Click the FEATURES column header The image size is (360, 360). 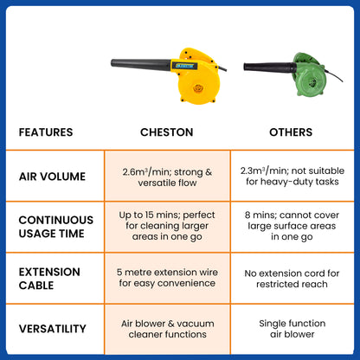46,132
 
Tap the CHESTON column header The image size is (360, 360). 167,132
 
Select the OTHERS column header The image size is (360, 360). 291,132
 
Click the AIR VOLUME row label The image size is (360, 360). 52,177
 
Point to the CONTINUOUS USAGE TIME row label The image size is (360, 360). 56,227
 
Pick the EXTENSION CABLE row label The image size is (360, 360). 49,279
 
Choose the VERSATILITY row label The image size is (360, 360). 53,329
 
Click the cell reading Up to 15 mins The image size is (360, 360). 167,226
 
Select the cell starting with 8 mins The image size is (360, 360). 292,226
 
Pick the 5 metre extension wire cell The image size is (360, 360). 167,278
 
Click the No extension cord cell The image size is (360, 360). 292,279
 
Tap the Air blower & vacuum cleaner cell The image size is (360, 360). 168,329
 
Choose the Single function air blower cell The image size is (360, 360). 292,329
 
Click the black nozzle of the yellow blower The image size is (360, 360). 141,65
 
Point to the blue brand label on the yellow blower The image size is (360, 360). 186,66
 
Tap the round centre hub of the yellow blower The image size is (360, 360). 198,87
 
